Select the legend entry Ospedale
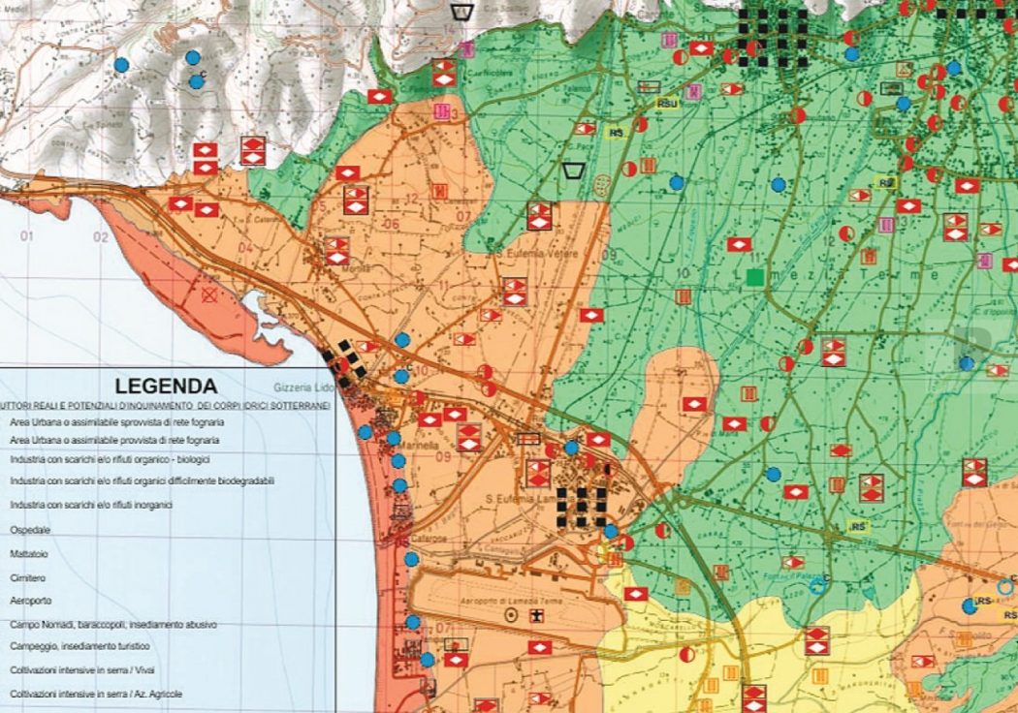coord(30,531)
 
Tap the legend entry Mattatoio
coord(31,555)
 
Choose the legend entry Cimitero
coord(29,578)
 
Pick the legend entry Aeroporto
coord(31,602)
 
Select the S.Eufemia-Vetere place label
coord(543,254)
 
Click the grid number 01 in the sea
coord(26,236)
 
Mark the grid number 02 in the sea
coord(100,236)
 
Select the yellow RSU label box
coord(667,103)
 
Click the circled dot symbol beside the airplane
coord(510,615)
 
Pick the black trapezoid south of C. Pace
coord(573,170)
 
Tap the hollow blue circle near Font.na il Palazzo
coord(817,584)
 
